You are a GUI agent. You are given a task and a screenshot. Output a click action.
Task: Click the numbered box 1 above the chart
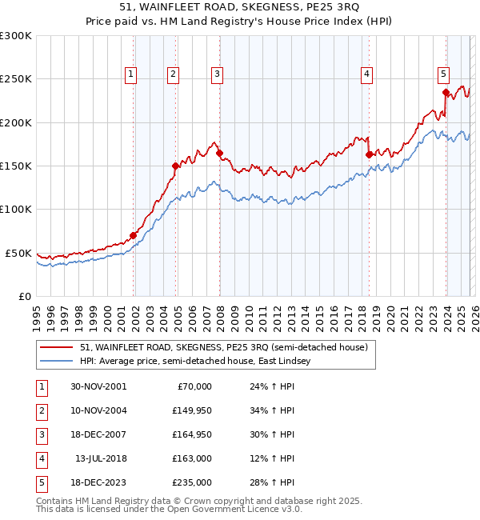[130, 74]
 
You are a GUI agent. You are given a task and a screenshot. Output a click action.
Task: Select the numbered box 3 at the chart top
[217, 74]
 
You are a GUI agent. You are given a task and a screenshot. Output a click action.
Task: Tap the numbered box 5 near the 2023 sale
[442, 74]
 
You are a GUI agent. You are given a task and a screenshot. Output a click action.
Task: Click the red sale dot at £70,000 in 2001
[134, 235]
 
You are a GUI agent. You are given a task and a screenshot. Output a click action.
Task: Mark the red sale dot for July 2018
[369, 154]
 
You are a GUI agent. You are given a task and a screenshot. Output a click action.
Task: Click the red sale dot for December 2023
[446, 92]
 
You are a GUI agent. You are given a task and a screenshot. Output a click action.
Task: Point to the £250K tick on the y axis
[16, 79]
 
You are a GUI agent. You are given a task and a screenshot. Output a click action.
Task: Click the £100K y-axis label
[16, 209]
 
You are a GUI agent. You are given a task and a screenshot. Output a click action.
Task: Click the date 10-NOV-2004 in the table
[98, 410]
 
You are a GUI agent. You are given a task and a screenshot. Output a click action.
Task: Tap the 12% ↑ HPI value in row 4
[272, 458]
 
